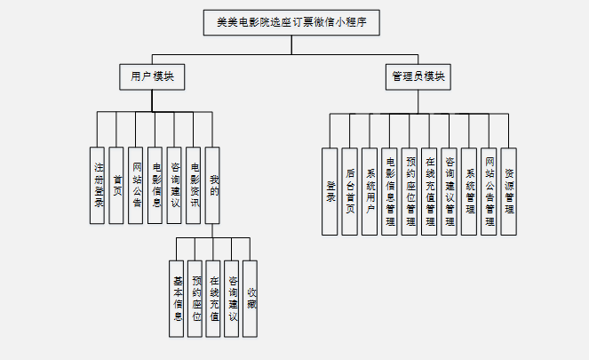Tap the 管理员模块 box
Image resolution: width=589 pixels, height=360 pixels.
coord(417,76)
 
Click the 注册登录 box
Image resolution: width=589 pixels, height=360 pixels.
coord(99,185)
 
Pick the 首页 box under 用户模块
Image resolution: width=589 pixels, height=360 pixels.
coord(117,185)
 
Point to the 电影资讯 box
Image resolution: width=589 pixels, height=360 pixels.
coord(194,185)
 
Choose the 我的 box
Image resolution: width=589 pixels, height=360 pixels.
coord(213,185)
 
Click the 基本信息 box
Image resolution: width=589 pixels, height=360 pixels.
coord(178,299)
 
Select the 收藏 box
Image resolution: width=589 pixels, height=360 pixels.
coord(251,299)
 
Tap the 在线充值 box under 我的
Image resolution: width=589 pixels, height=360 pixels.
coord(214,299)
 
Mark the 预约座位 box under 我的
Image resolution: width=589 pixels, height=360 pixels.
coord(196,299)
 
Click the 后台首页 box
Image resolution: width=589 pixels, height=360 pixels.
coord(350,191)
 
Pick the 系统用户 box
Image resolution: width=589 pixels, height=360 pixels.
coord(370,191)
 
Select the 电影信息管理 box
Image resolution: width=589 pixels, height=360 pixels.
coord(389,191)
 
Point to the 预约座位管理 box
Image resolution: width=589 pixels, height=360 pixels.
coord(410,191)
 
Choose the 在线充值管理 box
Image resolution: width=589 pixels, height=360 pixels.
coord(430,191)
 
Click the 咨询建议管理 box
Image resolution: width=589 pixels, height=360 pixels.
coord(450,191)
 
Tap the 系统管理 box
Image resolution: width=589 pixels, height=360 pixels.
coord(469,191)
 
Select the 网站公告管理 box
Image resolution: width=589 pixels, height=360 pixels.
coord(489,191)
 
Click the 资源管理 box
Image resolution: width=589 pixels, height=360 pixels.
coord(508,191)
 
